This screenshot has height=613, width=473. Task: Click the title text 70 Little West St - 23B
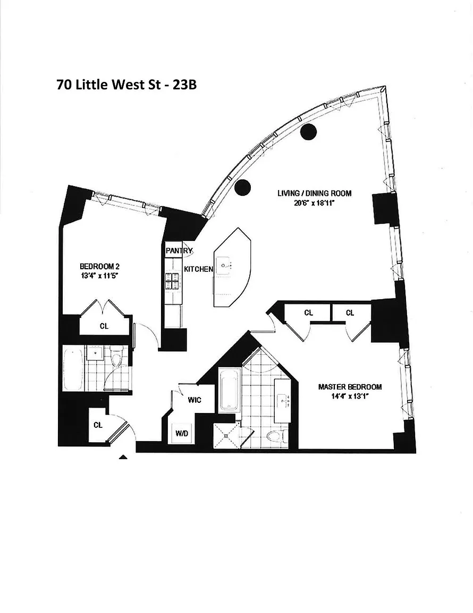pyautogui.click(x=126, y=85)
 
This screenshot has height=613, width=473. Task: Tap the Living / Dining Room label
pyautogui.click(x=314, y=193)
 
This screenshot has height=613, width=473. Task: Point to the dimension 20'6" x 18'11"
pyautogui.click(x=315, y=203)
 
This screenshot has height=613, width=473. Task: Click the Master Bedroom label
pyautogui.click(x=350, y=387)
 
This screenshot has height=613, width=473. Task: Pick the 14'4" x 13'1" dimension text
pyautogui.click(x=350, y=396)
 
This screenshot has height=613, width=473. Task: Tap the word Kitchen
pyautogui.click(x=198, y=270)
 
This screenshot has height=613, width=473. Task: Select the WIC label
pyautogui.click(x=195, y=400)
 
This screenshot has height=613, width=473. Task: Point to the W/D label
pyautogui.click(x=182, y=433)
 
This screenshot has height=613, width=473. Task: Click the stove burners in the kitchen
pyautogui.click(x=173, y=281)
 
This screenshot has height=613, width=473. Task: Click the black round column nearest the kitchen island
pyautogui.click(x=242, y=187)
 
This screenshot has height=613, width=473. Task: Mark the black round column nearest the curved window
pyautogui.click(x=308, y=131)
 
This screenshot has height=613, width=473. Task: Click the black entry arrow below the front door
pyautogui.click(x=123, y=456)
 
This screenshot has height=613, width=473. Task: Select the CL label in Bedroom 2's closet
pyautogui.click(x=104, y=326)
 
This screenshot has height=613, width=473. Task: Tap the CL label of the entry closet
pyautogui.click(x=98, y=425)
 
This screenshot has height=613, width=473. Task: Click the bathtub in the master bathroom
pyautogui.click(x=230, y=391)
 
